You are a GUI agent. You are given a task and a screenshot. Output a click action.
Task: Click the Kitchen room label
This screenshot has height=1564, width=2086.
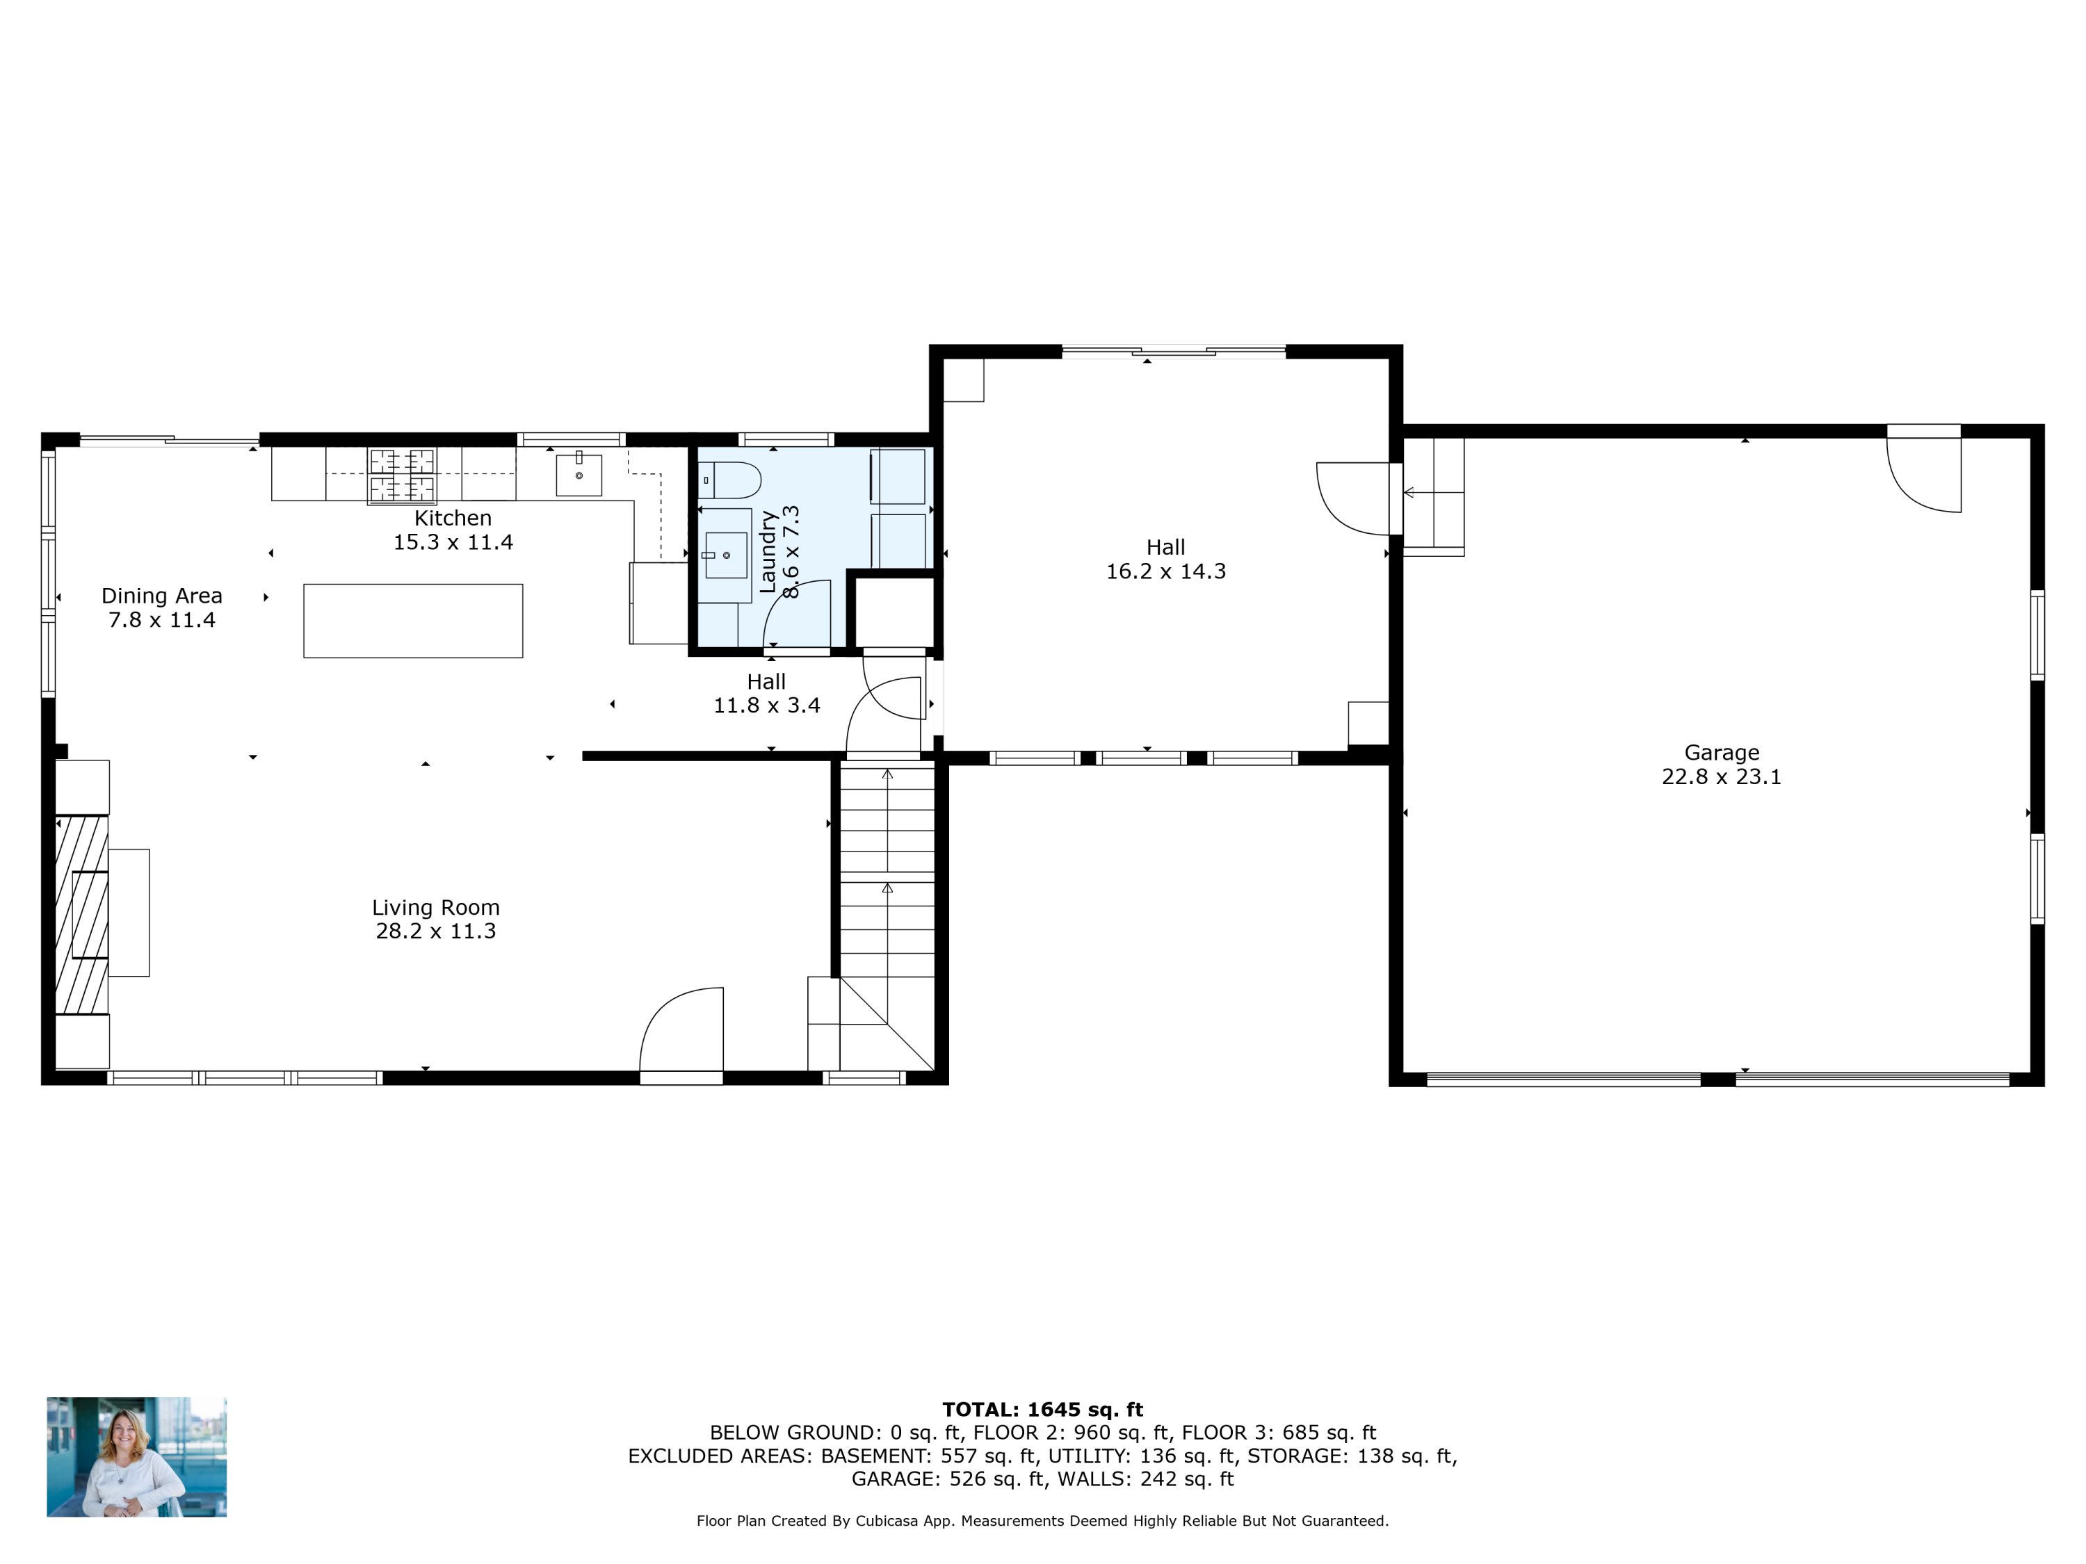(453, 518)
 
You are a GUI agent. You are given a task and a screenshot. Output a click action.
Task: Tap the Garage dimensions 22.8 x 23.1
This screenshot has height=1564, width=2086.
(1721, 777)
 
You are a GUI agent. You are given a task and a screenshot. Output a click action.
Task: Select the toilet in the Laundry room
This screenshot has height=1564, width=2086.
(731, 480)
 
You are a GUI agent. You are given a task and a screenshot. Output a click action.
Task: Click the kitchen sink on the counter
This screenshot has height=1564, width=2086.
(578, 474)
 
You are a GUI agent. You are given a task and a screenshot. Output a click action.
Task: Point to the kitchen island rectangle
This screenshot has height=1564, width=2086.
(413, 620)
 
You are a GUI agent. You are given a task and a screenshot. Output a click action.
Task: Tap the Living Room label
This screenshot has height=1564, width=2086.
(436, 907)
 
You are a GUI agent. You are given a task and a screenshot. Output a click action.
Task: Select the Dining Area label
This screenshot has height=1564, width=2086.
(161, 596)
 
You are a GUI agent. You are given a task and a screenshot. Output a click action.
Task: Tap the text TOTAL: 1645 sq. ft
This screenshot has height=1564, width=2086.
(1042, 1410)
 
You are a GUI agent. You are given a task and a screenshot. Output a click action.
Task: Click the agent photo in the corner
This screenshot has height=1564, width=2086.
(137, 1456)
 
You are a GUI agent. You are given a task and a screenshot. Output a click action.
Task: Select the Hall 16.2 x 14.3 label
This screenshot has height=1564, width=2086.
(1165, 559)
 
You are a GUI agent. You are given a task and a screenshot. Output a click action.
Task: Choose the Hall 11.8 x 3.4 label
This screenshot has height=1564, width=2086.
(766, 693)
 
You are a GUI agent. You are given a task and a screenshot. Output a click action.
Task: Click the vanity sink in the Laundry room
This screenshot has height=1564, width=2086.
(725, 554)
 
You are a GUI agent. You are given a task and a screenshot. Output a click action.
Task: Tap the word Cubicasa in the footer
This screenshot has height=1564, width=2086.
(887, 1521)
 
